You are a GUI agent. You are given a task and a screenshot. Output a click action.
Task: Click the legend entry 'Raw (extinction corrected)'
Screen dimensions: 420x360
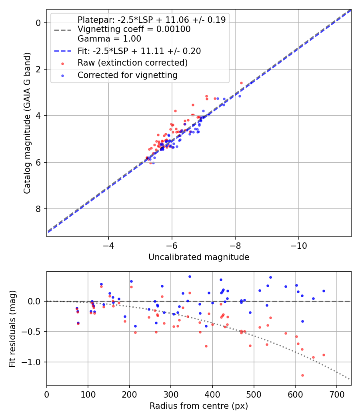tap(132, 63)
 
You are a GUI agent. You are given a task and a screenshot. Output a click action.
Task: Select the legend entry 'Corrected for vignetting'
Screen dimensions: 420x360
tap(128, 75)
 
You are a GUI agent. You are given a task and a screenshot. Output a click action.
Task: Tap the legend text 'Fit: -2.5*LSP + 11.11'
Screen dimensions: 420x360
tap(139, 51)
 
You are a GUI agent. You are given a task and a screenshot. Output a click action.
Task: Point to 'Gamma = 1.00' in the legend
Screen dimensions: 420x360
tap(109, 39)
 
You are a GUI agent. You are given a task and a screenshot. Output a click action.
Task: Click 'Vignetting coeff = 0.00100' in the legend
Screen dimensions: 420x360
tap(134, 29)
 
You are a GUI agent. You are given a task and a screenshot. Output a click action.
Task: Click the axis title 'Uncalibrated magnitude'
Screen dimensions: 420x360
tap(199, 257)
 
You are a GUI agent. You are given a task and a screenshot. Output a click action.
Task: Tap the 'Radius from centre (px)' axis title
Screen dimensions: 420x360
tap(199, 406)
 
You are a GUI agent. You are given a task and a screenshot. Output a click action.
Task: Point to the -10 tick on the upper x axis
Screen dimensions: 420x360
tap(299, 245)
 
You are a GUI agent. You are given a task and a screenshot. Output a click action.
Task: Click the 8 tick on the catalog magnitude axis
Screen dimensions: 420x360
tap(38, 209)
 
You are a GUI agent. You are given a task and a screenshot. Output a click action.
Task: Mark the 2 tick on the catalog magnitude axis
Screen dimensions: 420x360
tap(38, 69)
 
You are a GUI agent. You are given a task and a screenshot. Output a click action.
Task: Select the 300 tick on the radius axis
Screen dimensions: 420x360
tap(171, 394)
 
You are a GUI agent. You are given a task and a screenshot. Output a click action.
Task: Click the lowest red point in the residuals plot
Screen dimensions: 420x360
tap(302, 375)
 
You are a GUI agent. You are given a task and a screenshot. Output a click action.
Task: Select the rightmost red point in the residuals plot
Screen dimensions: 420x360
tap(324, 355)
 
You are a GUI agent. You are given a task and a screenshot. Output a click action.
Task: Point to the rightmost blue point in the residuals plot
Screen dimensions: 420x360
tap(324, 291)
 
